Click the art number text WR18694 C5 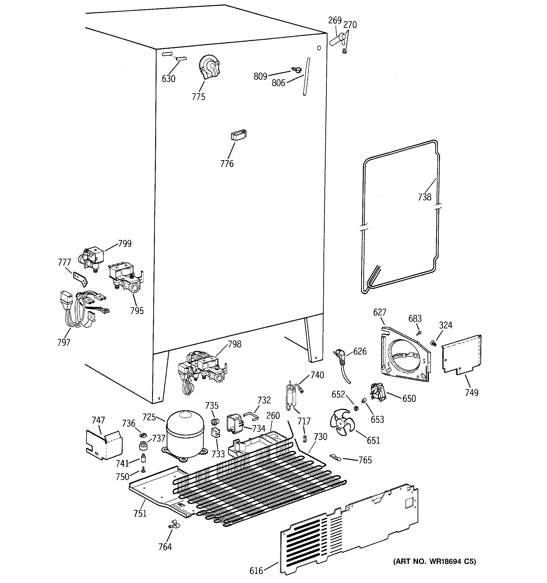pyautogui.click(x=435, y=561)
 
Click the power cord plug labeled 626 pyautogui.click(x=340, y=357)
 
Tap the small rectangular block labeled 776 pyautogui.click(x=238, y=135)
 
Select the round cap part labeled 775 pyautogui.click(x=209, y=67)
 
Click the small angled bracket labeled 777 pyautogui.click(x=80, y=279)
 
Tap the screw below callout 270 pyautogui.click(x=345, y=52)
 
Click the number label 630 pyautogui.click(x=169, y=79)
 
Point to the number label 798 pyautogui.click(x=234, y=344)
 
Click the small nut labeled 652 pyautogui.click(x=356, y=408)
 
